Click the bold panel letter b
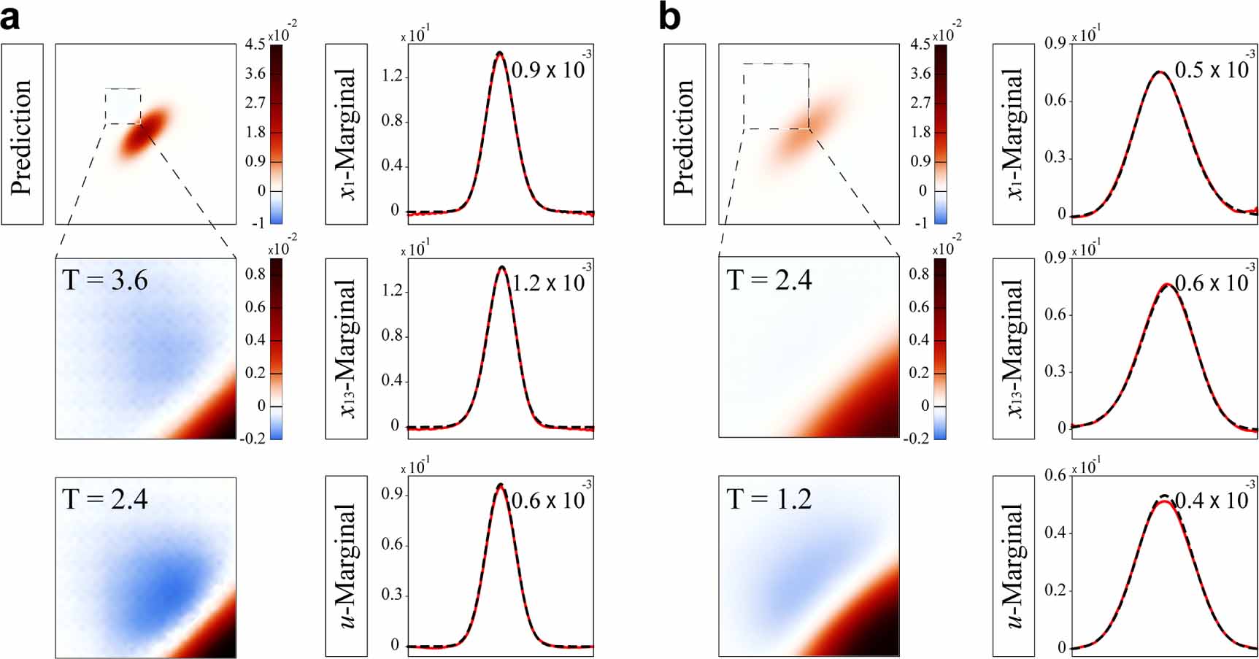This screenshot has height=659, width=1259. pyautogui.click(x=669, y=18)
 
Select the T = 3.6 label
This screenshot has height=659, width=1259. pyautogui.click(x=106, y=280)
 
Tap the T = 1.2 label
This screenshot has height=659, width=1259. pyautogui.click(x=769, y=499)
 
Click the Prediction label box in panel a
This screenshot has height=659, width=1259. pyautogui.click(x=23, y=134)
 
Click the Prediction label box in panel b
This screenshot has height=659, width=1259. pyautogui.click(x=685, y=134)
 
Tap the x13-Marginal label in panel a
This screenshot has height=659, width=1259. pyautogui.click(x=347, y=348)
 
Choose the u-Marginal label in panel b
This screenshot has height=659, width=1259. pyautogui.click(x=1014, y=566)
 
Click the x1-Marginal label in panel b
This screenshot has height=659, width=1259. pyautogui.click(x=1014, y=134)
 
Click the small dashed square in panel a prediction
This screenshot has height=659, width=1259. pyautogui.click(x=123, y=107)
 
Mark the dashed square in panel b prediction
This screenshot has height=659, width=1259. pyautogui.click(x=776, y=96)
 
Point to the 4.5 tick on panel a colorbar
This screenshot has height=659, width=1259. pyautogui.click(x=255, y=45)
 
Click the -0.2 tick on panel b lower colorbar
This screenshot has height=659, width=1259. pyautogui.click(x=918, y=438)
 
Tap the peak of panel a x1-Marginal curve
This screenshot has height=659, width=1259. pyautogui.click(x=500, y=53)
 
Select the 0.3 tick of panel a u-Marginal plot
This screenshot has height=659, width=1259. pyautogui.click(x=393, y=595)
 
